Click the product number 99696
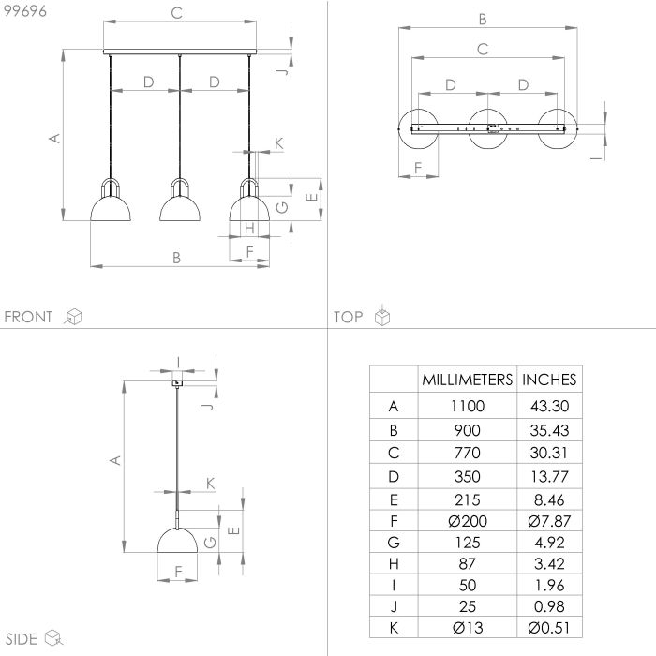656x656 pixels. [x=25, y=11]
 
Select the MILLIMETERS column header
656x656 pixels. [x=468, y=380]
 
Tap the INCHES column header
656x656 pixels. [x=549, y=380]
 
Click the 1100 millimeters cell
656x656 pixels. [x=468, y=406]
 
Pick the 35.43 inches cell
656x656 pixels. [x=549, y=430]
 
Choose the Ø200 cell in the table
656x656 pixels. [x=468, y=521]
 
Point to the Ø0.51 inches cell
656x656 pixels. [x=549, y=628]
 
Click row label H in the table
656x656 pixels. [x=394, y=564]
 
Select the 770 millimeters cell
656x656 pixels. [x=468, y=453]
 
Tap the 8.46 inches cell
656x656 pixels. [x=549, y=499]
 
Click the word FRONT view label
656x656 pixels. [x=28, y=317]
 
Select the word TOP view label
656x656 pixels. [x=348, y=317]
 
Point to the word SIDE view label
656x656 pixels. [x=22, y=639]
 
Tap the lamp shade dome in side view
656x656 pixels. [x=177, y=541]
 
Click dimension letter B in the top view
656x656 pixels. [x=483, y=20]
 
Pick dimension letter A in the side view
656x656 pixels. [x=115, y=460]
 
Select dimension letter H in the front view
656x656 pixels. [x=249, y=229]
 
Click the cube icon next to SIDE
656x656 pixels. [x=53, y=638]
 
